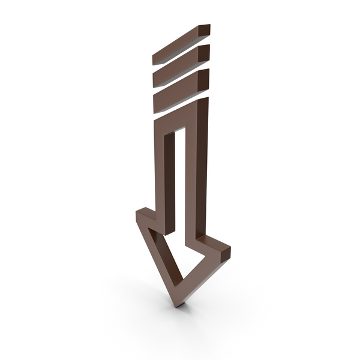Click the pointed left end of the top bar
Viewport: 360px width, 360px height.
point(155,60)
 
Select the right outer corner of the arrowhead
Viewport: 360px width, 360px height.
point(228,247)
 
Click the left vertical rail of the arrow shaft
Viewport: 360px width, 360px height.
point(161,174)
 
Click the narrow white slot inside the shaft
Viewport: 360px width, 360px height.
point(178,180)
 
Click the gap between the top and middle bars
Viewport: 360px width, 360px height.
point(180,55)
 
